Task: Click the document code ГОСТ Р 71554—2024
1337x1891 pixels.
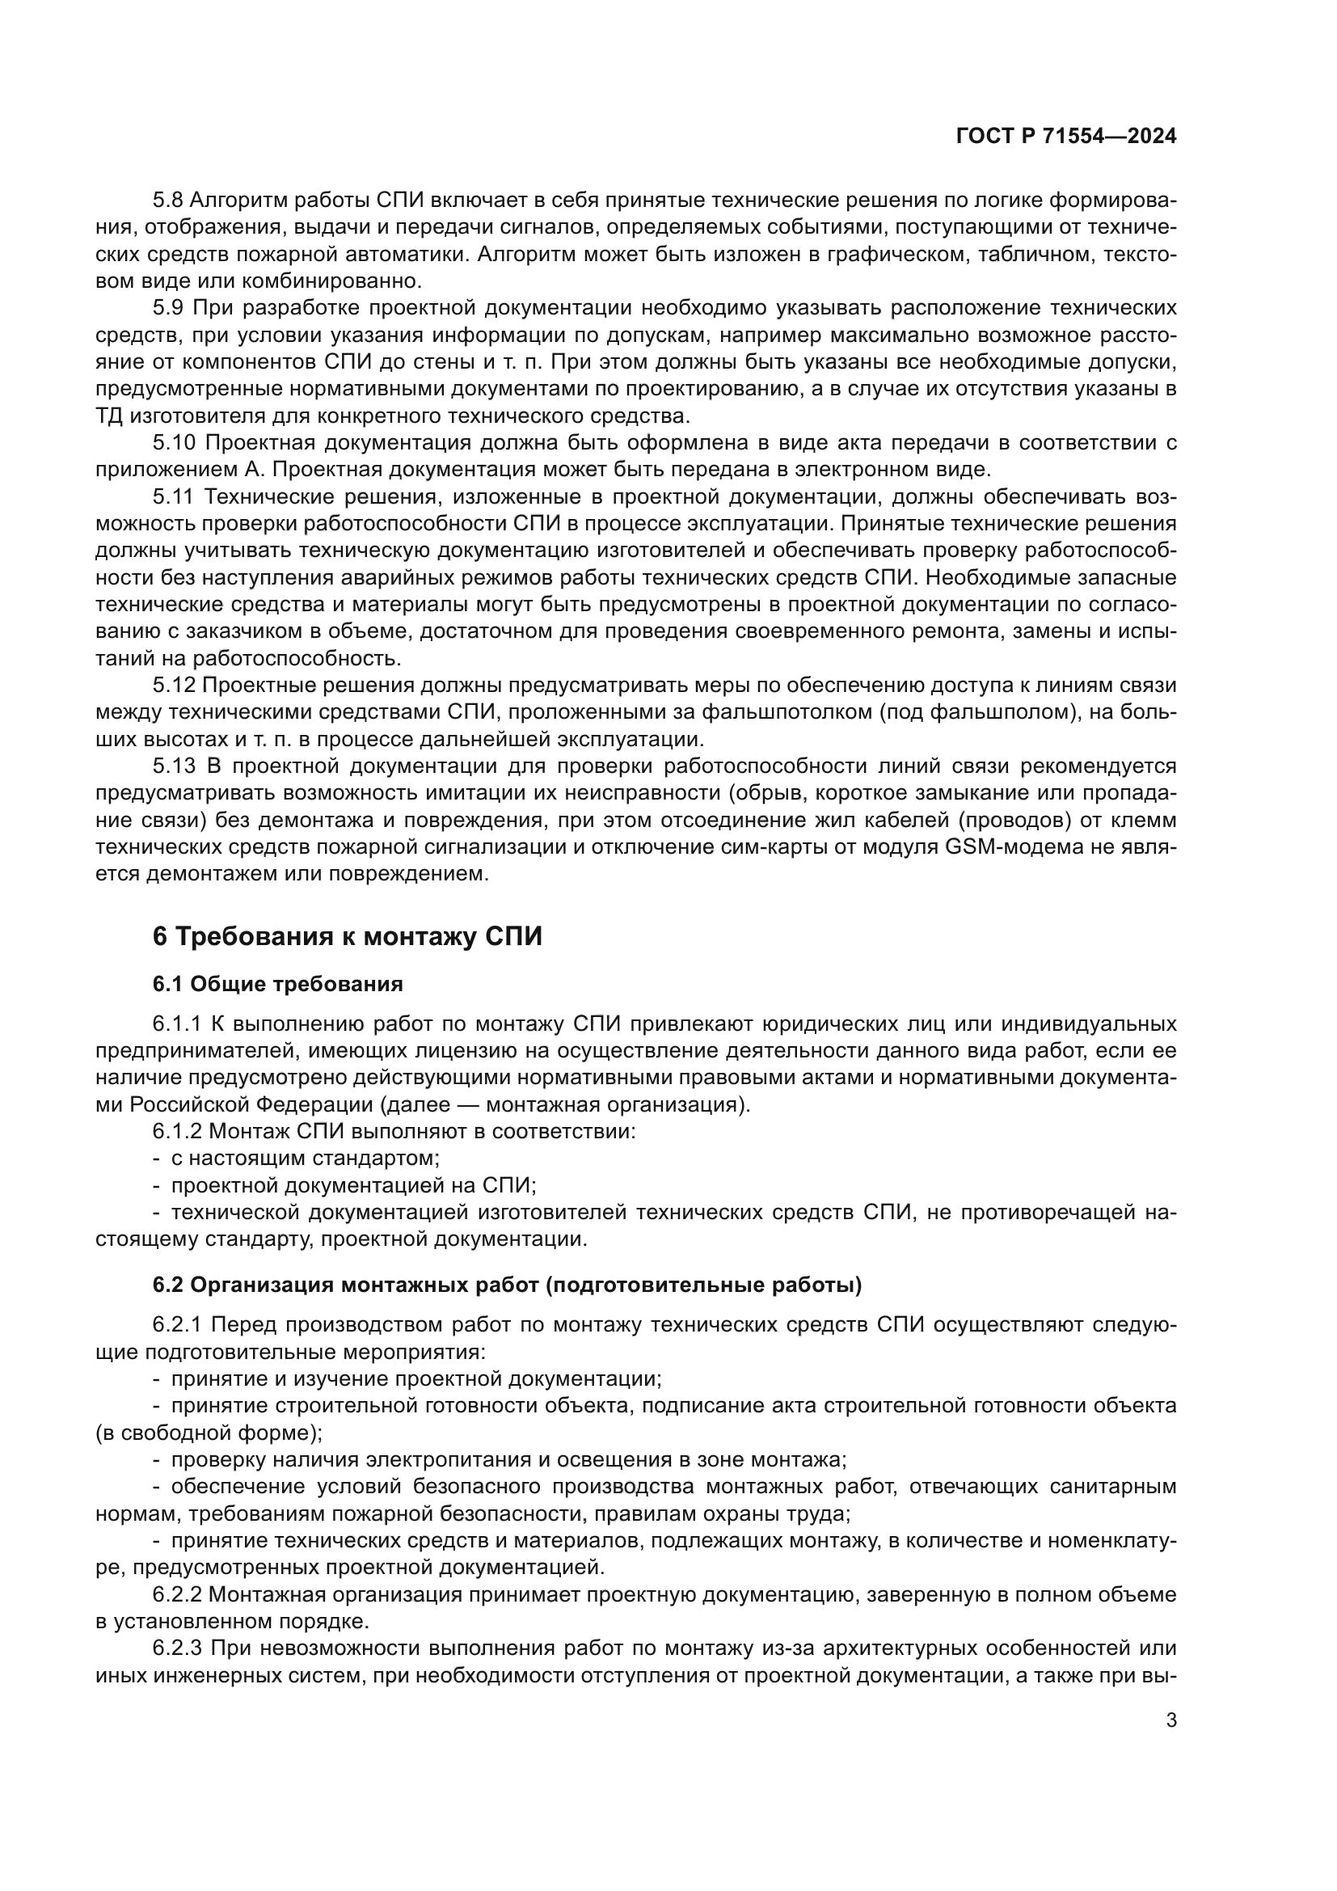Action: point(1066,137)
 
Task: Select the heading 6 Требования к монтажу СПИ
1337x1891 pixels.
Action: point(348,936)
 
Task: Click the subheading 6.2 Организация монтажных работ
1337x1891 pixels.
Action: point(507,1285)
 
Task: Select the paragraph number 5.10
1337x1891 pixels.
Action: point(174,443)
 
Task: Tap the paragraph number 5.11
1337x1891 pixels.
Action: point(173,496)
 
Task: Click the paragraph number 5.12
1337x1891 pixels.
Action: point(173,686)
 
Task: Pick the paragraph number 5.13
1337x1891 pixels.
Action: point(174,766)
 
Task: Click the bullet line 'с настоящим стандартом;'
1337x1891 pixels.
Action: point(305,1158)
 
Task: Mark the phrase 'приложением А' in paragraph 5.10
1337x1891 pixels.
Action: point(179,471)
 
